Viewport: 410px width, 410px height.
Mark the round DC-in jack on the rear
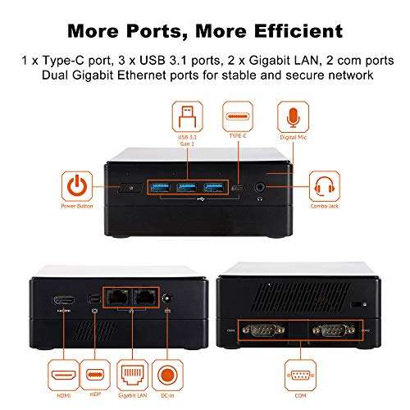169,301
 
